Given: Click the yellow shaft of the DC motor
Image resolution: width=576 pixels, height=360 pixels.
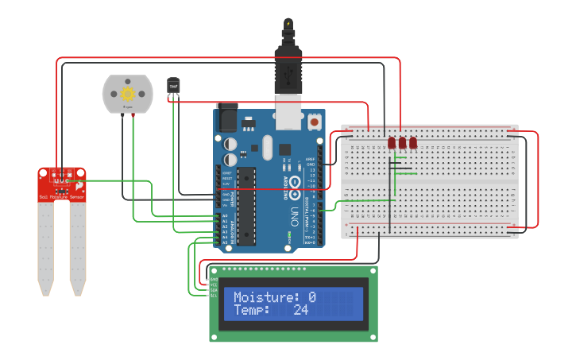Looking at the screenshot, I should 127,94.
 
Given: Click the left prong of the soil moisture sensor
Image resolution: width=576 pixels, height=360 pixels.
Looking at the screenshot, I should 45,246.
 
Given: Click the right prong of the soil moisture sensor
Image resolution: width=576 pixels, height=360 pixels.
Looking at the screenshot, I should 78,246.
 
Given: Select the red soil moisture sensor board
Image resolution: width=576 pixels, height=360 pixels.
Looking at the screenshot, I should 62,184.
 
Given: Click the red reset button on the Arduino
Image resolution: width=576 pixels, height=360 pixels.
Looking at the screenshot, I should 314,124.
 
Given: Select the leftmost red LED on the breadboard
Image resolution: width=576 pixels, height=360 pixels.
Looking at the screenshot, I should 392,143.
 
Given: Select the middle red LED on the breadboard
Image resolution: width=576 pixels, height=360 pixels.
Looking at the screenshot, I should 403,143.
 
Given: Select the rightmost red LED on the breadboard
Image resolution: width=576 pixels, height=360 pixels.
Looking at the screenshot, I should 413,143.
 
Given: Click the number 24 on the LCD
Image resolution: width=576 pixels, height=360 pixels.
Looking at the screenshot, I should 300,310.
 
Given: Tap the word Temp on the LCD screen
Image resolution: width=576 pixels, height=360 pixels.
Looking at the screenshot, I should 250,310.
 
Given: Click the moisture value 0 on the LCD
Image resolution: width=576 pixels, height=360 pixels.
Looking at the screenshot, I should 312,297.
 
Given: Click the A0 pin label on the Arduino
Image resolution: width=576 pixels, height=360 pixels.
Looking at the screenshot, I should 225,215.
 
